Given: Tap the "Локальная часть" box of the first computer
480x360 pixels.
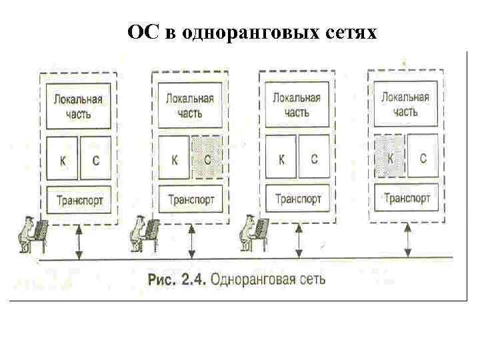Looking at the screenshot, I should [x=79, y=105].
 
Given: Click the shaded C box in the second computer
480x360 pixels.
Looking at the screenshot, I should [x=207, y=159].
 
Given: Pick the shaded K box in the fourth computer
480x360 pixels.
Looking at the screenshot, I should [x=390, y=157].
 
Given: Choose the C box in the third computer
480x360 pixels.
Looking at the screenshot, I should [x=314, y=158].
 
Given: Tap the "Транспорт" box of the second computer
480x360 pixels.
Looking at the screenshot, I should [x=191, y=199].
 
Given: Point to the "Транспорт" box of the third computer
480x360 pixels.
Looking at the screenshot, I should [x=298, y=198].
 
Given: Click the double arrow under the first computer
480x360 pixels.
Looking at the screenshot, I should [x=79, y=241].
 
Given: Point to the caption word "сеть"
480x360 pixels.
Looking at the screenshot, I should [x=311, y=278].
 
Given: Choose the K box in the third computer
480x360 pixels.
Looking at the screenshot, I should [x=281, y=158].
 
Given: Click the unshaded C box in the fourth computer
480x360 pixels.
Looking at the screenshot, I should [x=423, y=157].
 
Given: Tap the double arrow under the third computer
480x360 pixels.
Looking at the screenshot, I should [x=299, y=241].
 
